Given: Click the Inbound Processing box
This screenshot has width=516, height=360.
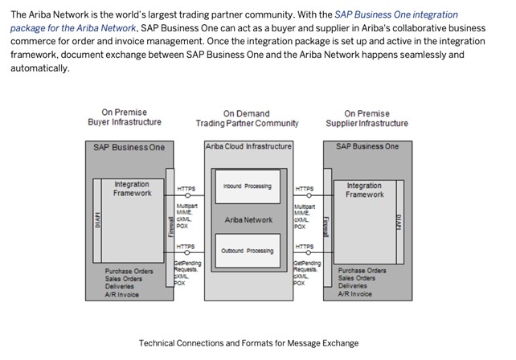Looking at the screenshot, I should pyautogui.click(x=247, y=186).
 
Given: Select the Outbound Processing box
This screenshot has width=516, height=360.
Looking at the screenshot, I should pyautogui.click(x=247, y=251).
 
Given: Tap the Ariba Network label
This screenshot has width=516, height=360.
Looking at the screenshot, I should pyautogui.click(x=248, y=219).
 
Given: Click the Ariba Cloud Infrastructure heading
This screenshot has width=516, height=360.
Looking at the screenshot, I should pyautogui.click(x=248, y=147).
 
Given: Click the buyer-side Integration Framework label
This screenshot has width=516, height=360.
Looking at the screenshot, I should pyautogui.click(x=132, y=189).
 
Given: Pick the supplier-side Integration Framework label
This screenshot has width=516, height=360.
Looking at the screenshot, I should pyautogui.click(x=364, y=190).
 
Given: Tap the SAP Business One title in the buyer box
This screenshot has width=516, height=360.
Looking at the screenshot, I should pyautogui.click(x=129, y=147).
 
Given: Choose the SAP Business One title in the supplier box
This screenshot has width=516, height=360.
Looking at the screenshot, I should pyautogui.click(x=367, y=146).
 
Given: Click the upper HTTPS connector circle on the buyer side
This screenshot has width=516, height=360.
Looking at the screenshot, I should pyautogui.click(x=186, y=195).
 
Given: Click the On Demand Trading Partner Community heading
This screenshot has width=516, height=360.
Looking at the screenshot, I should pyautogui.click(x=247, y=118).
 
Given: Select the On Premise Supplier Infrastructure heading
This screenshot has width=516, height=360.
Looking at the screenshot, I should pyautogui.click(x=367, y=118).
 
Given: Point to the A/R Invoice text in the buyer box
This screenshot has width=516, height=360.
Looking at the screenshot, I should pyautogui.click(x=121, y=294).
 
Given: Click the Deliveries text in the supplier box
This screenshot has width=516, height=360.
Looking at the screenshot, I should pyautogui.click(x=353, y=286).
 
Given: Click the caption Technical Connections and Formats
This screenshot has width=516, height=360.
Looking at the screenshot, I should pyautogui.click(x=248, y=343).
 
